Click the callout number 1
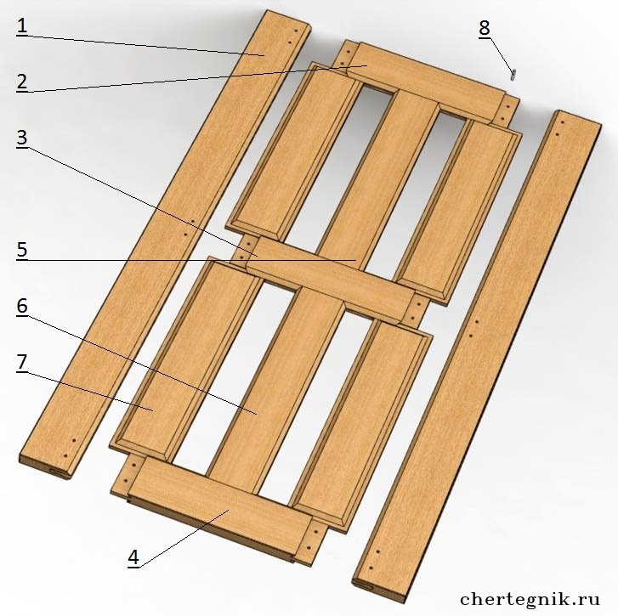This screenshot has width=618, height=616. tap(22, 26)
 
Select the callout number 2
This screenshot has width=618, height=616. tap(22, 81)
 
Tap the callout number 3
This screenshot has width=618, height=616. tap(22, 137)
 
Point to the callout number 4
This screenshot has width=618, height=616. tap(133, 557)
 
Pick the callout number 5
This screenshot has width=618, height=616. tap(22, 250)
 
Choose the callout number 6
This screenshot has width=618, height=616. tap(22, 306)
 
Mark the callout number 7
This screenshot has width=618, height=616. tap(22, 362)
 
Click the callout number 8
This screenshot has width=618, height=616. tap(485, 28)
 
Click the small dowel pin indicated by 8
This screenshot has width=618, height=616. tap(513, 75)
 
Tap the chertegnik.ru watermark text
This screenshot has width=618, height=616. tap(530, 599)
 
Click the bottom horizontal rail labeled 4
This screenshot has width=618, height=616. tap(218, 510)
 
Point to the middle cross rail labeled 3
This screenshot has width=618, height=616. tap(329, 279)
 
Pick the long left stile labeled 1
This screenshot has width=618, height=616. tap(166, 244)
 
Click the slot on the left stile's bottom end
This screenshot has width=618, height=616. tap(60, 472)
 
